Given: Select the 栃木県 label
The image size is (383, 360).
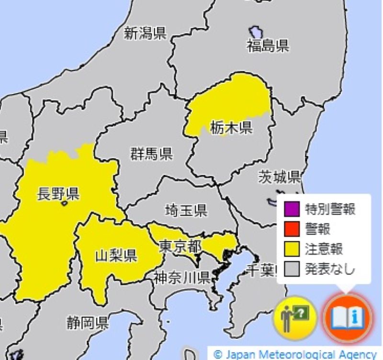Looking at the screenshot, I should pos(231,128).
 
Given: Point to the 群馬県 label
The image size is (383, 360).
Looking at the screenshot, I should pos(151,154).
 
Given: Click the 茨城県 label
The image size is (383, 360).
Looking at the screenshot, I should pos(279,177).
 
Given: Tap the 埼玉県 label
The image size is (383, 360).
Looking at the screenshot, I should pos(186,210).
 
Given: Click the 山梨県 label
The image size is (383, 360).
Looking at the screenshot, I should pos(116,256).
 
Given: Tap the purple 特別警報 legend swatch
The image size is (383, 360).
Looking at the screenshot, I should pos(292,209).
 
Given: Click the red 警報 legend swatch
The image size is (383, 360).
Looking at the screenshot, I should pos(292,229).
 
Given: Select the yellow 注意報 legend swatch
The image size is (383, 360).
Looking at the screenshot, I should pos(292,249).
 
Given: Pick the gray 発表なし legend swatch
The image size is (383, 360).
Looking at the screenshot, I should pos(292,269).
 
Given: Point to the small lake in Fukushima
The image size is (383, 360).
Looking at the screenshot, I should pos(256,33).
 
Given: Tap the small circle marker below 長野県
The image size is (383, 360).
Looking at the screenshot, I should pos(64,203).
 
